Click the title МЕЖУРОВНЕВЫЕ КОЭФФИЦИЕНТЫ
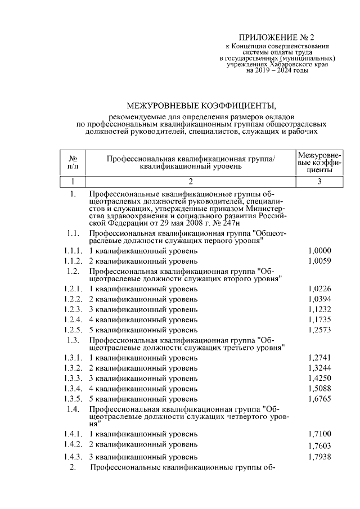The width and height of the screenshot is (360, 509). coord(202,105)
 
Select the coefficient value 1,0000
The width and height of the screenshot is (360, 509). coord(319,250)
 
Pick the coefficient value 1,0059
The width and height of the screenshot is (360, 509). coord(319,261)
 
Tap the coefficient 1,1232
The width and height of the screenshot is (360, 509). coord(319,309)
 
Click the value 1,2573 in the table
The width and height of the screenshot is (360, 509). coord(319,330)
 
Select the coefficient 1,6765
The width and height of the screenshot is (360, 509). coord(319,398)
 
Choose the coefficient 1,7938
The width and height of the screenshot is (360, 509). coord(319,457)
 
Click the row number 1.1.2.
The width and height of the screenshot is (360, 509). coord(73,261)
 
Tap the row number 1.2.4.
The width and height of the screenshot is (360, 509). coord(73,319)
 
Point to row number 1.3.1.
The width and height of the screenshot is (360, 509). coord(73,358)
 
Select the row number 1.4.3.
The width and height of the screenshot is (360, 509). coord(73,457)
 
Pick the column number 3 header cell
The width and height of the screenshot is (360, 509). coord(319,182)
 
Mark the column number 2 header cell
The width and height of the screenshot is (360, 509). coord(191,182)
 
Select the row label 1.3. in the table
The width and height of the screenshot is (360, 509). coord(72,340)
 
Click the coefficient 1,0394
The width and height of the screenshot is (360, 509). coord(319,299)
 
